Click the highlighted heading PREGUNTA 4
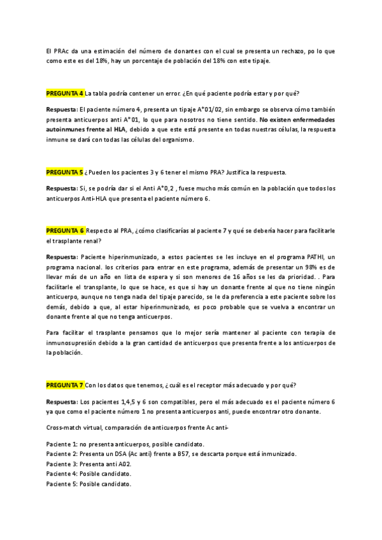(65, 93)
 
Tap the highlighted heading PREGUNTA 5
(65, 172)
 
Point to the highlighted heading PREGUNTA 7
(65, 385)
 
